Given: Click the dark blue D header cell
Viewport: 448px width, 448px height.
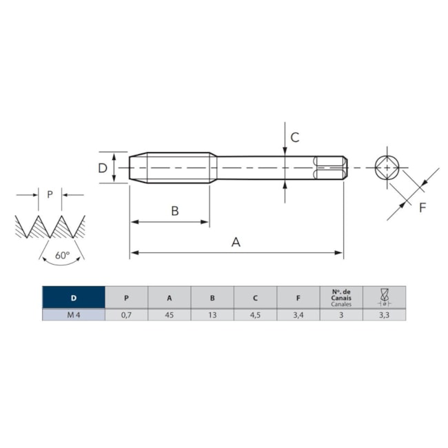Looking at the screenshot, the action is pos(74,298).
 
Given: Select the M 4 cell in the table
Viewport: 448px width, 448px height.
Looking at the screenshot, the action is pos(74,315).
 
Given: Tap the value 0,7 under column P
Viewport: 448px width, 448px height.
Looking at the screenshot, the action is pos(126,315).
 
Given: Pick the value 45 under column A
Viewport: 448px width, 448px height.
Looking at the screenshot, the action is pos(170,315).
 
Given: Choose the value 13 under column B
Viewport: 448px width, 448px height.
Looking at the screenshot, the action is pos(212,315).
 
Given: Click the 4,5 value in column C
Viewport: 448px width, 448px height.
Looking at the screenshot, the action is pos(255,315).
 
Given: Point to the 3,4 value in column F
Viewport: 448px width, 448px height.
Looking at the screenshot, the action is pos(298,315).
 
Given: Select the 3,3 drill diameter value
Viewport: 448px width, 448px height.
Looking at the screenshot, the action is pos(384,315).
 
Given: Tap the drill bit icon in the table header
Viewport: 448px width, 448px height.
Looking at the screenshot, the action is pos(385,297).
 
